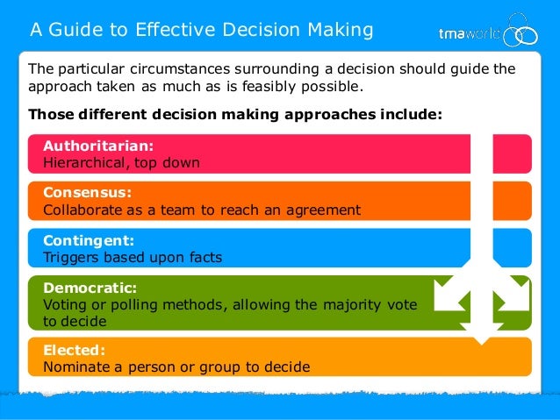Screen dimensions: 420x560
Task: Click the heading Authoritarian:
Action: (x=98, y=146)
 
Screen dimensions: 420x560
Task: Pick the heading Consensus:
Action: (x=87, y=192)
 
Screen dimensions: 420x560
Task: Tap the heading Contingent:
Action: (x=89, y=239)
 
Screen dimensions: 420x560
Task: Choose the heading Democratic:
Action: (x=90, y=287)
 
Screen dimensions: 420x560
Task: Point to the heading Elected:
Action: (x=73, y=350)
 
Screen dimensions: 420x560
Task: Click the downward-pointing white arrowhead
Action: (x=482, y=331)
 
